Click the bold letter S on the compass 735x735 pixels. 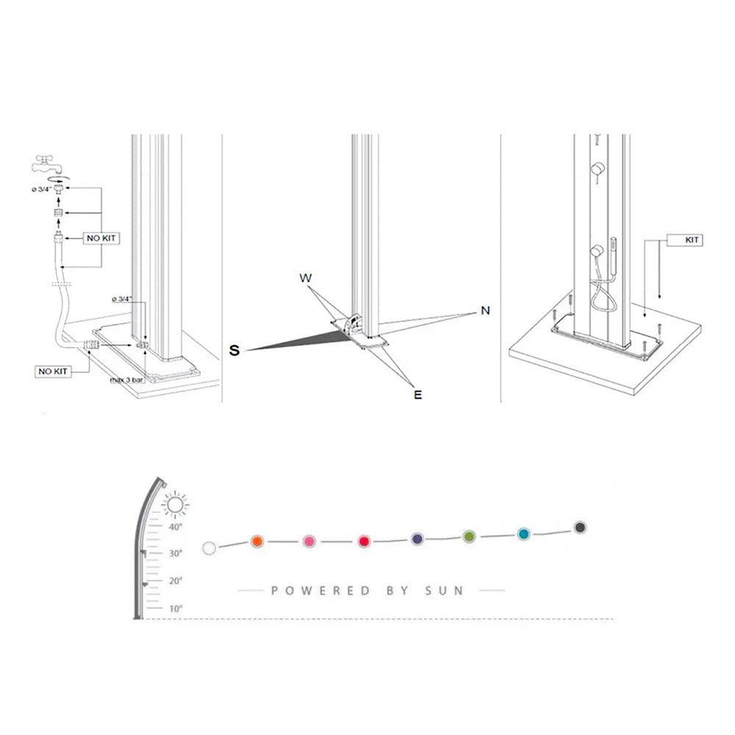pyautogui.click(x=234, y=351)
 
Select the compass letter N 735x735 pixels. pyautogui.click(x=485, y=311)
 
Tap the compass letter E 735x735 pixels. pyautogui.click(x=417, y=395)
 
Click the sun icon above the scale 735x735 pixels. pyautogui.click(x=174, y=505)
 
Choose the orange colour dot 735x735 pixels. pyautogui.click(x=257, y=542)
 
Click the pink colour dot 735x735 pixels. pyautogui.click(x=309, y=542)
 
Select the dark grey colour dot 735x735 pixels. pyautogui.click(x=580, y=528)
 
